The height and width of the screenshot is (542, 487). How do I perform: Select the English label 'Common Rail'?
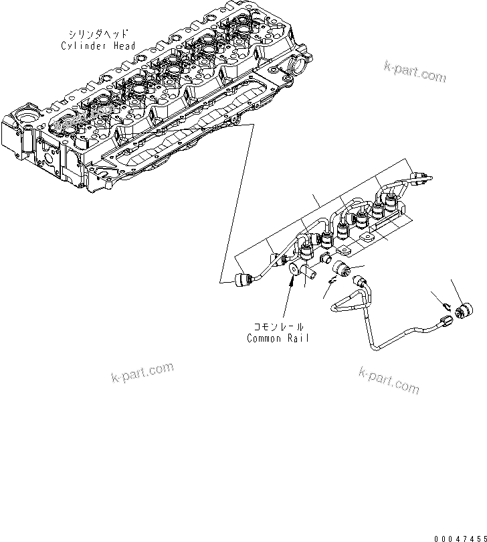278,338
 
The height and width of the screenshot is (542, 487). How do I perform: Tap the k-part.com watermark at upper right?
415,71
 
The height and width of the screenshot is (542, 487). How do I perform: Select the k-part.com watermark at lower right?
389,380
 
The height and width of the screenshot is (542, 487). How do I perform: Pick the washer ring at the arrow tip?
294,271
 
